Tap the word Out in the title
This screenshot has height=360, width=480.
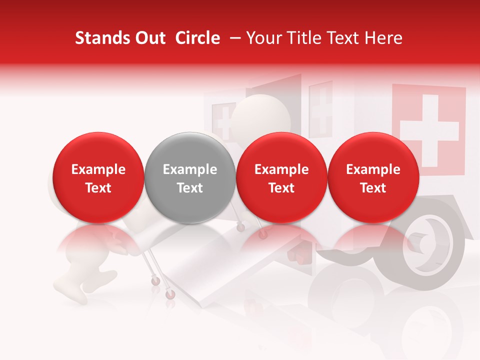point(148,38)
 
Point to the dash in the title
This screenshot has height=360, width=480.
point(233,38)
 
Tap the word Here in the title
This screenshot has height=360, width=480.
point(384,38)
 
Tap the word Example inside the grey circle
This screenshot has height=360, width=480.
point(190,169)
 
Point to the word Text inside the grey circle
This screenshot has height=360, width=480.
point(190,188)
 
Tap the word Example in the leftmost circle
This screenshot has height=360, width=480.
point(98,169)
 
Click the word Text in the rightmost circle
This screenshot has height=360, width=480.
point(373,188)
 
